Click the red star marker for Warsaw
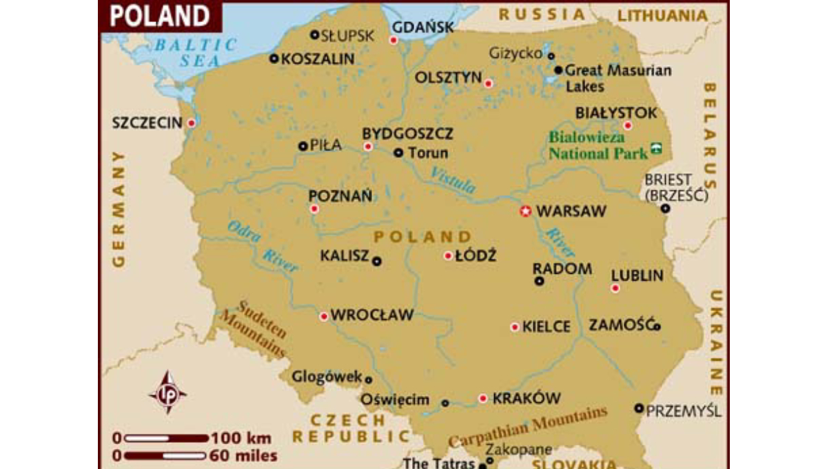pyautogui.click(x=525, y=212)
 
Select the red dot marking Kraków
pyautogui.click(x=483, y=398)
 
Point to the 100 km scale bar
pyautogui.click(x=165, y=438)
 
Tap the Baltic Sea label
pyautogui.click(x=195, y=52)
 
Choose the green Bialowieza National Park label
pyautogui.click(x=598, y=146)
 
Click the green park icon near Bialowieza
pyautogui.click(x=657, y=148)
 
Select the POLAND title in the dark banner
pyautogui.click(x=159, y=16)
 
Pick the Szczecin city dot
pyautogui.click(x=192, y=123)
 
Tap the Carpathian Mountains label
pyautogui.click(x=528, y=427)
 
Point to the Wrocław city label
pyautogui.click(x=372, y=315)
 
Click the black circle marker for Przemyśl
pyautogui.click(x=639, y=408)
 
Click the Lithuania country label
pyautogui.click(x=662, y=15)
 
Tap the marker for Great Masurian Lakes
pyautogui.click(x=559, y=70)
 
